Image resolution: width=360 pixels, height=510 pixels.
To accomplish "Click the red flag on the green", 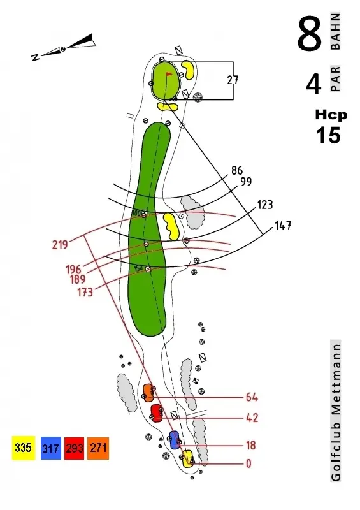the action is click(169, 74).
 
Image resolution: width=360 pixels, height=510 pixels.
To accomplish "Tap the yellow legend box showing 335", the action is click(23, 448).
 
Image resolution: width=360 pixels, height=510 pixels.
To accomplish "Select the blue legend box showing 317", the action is click(51, 448).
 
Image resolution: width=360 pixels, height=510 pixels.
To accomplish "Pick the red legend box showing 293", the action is click(75, 448).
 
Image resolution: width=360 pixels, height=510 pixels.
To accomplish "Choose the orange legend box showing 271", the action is click(98, 448).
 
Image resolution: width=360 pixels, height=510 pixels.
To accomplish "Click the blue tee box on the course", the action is click(175, 440).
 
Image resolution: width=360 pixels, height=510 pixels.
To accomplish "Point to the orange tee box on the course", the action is click(148, 393).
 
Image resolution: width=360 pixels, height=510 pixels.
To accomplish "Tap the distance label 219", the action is click(60, 245).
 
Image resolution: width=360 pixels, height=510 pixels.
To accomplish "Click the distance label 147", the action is click(283, 226).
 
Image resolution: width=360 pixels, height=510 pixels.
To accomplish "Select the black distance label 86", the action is click(237, 170).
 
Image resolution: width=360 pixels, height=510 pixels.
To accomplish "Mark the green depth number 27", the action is click(233, 80).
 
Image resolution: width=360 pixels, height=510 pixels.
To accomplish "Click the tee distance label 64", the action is click(252, 397).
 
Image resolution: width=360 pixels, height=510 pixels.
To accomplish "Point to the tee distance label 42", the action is click(252, 418).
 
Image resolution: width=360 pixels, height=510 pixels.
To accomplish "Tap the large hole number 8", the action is click(309, 34).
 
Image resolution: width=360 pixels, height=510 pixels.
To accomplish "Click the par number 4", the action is click(313, 84).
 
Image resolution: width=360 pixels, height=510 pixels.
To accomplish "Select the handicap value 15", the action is click(328, 135).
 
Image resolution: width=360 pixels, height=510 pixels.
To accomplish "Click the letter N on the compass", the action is click(36, 57).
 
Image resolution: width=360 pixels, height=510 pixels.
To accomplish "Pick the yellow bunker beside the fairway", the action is click(171, 226).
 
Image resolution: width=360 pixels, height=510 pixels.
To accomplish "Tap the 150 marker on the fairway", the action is click(138, 268).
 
